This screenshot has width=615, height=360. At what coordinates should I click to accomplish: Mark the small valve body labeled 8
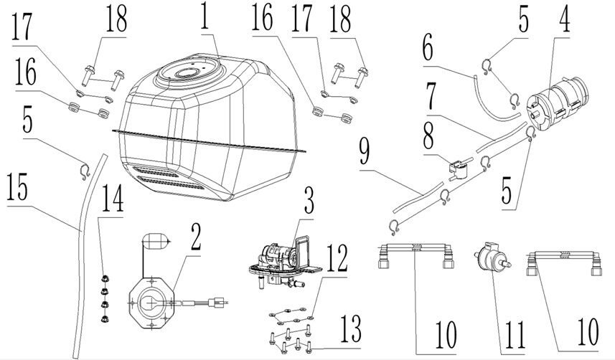(x=457, y=169)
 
